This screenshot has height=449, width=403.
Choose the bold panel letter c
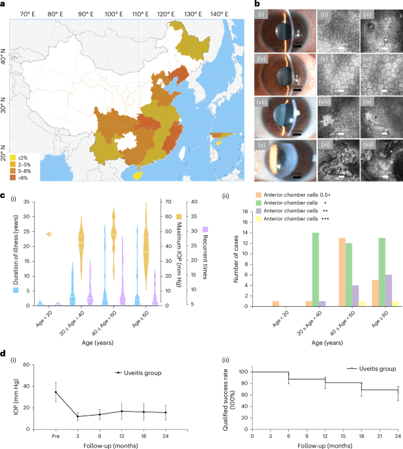pyautogui.click(x=4, y=195)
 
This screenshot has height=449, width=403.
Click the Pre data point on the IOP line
pyautogui.click(x=56, y=374)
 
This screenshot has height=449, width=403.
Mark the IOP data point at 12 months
pyautogui.click(x=121, y=393)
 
